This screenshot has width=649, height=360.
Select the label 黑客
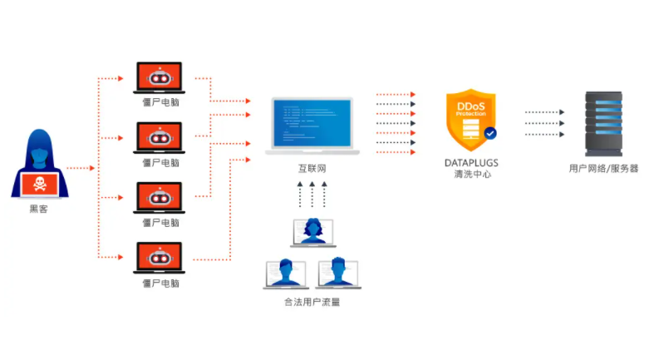coord(39,210)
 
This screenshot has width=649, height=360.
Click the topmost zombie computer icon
coord(160,78)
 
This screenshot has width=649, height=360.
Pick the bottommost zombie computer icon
coord(160,258)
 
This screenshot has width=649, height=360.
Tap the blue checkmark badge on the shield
coord(490,132)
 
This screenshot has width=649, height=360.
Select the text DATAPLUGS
coord(470,163)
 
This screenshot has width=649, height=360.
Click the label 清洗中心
coord(470,174)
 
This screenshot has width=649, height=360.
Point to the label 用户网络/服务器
coord(603,169)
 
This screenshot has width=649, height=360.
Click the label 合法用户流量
coord(312,302)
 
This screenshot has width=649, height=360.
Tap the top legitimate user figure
coord(312,232)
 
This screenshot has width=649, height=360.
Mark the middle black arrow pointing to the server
coord(544,123)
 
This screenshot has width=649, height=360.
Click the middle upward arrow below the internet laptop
coord(312,196)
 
